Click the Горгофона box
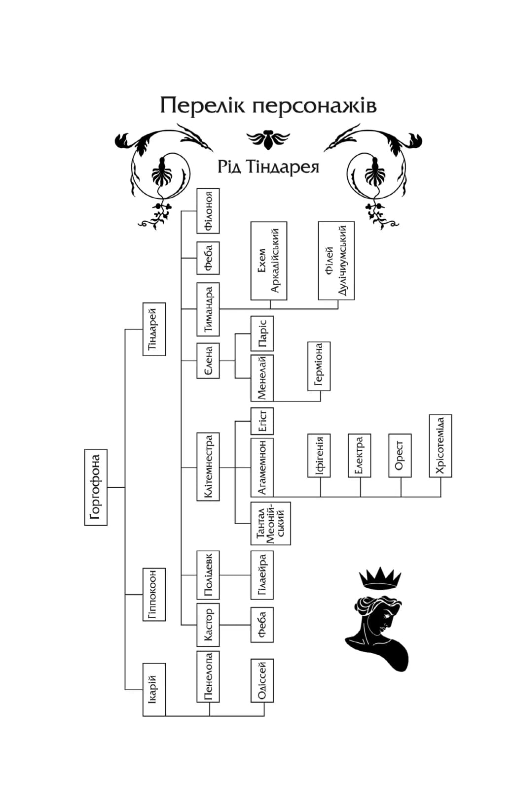(96, 487)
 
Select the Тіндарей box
(154, 329)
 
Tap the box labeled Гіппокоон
(154, 594)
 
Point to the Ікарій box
(154, 689)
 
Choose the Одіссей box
(262, 680)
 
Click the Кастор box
(208, 625)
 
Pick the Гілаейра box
(262, 575)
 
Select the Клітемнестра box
(208, 467)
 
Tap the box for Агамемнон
(262, 467)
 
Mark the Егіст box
(262, 421)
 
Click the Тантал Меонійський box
(270, 523)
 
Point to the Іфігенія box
(319, 456)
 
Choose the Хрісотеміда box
(440, 446)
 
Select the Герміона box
(319, 366)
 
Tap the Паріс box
(262, 334)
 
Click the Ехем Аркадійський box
(269, 261)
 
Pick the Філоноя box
(208, 211)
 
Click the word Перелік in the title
(202, 105)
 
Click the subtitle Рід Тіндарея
(268, 167)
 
